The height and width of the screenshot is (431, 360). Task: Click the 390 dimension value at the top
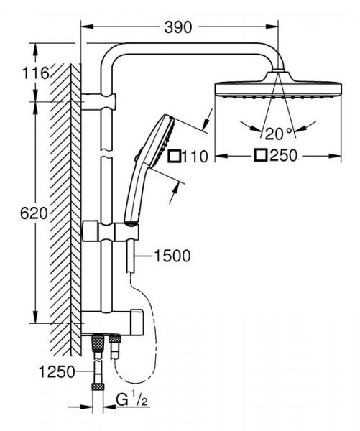178,27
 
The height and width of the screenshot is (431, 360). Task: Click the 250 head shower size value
285,155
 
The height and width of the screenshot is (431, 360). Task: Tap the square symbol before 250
260,155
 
